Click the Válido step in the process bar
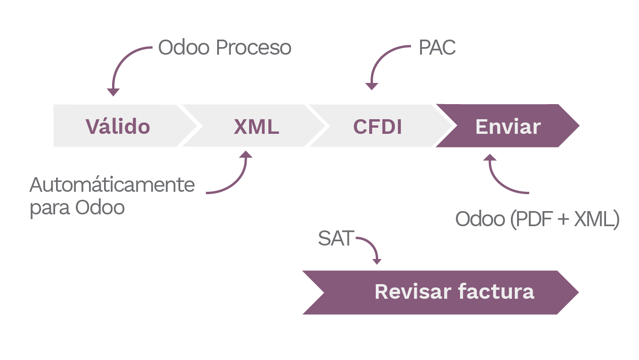click(x=118, y=126)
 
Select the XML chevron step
click(x=257, y=126)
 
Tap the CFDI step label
click(x=378, y=126)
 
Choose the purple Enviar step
click(x=508, y=126)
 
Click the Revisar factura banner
click(x=454, y=292)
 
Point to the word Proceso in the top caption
click(x=254, y=48)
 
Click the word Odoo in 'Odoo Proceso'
click(x=184, y=48)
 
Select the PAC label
click(x=437, y=48)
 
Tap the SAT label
click(x=335, y=239)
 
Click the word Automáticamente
click(x=112, y=185)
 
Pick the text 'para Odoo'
click(x=77, y=208)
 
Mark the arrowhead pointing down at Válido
click(x=113, y=92)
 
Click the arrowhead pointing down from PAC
click(x=372, y=86)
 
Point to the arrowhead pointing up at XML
click(x=246, y=155)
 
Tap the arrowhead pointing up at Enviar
click(x=490, y=158)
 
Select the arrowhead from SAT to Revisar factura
click(x=376, y=261)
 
